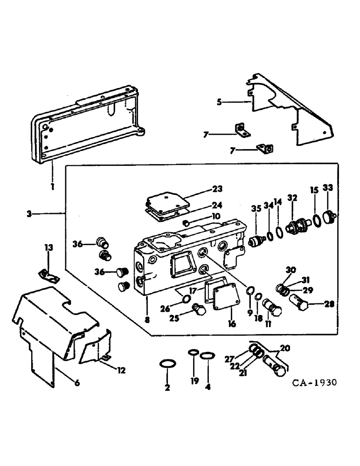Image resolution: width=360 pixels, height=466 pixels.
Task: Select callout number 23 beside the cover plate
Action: click(x=217, y=189)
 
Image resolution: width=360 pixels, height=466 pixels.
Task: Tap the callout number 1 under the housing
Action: click(x=53, y=186)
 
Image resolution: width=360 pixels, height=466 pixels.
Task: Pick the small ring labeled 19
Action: click(x=194, y=353)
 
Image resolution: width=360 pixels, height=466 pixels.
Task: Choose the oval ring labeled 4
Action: click(x=207, y=356)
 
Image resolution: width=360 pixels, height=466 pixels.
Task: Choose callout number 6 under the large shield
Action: click(x=77, y=383)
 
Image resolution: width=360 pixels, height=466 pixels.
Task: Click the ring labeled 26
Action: click(x=185, y=298)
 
